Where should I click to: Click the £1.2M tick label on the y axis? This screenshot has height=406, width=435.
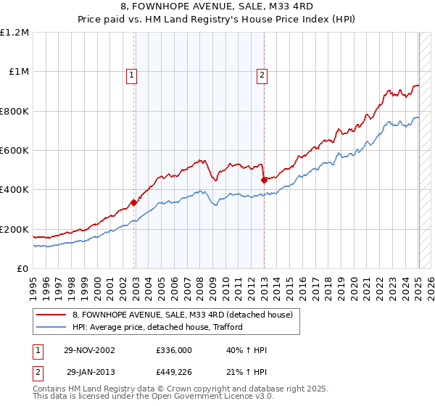(x=15, y=33)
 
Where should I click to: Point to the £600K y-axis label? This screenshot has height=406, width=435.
(x=15, y=151)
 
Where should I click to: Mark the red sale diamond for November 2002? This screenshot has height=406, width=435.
(x=133, y=203)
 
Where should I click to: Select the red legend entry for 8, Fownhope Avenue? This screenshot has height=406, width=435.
(x=181, y=315)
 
